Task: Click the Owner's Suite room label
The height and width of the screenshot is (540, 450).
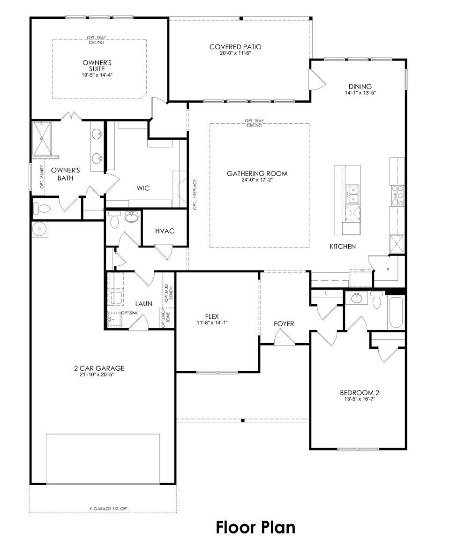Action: point(97,65)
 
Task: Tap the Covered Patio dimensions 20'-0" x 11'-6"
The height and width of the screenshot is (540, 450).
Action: point(235,53)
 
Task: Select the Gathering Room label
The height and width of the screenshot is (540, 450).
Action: point(257,173)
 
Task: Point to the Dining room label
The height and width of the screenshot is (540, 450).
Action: point(360,86)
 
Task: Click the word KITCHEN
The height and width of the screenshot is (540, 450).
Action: point(342,246)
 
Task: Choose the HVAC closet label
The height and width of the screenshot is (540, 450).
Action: point(165,231)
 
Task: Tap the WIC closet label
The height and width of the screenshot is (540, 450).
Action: point(143,188)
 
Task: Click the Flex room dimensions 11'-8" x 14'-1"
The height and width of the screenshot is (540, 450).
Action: point(212,323)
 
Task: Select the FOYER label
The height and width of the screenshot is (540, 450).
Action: point(284,324)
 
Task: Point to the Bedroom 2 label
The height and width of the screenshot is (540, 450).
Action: point(359,392)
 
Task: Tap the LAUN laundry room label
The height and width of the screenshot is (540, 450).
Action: point(143,304)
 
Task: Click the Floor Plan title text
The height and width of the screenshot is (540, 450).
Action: point(255,527)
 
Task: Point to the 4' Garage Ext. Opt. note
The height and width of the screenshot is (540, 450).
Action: point(109,508)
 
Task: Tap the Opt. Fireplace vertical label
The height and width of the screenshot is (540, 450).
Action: point(195,194)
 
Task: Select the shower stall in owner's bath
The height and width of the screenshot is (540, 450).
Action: point(41,138)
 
